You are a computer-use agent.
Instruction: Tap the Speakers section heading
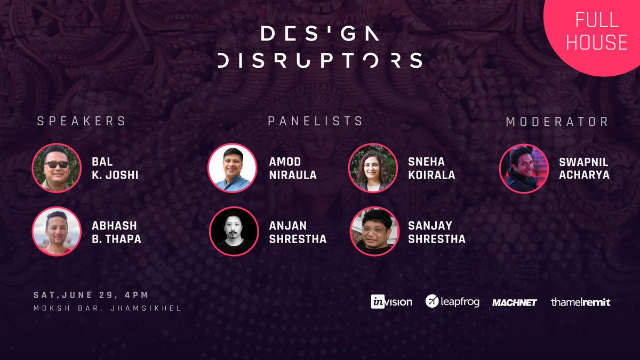coord(81,122)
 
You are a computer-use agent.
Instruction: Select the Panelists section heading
coord(315,122)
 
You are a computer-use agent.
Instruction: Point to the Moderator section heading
coord(557,122)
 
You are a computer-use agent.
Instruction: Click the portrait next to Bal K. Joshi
coord(57,168)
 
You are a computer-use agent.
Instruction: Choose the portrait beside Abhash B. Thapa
coord(57,231)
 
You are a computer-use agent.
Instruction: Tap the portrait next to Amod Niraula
coord(232,168)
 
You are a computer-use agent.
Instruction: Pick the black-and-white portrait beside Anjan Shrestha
coord(232,231)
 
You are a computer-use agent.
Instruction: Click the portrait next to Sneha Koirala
coord(373,168)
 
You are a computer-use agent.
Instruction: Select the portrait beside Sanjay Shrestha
coord(373,231)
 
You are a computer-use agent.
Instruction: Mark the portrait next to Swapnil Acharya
coord(524,169)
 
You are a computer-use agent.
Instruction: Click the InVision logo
coord(391,302)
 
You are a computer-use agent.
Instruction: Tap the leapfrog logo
coord(452,301)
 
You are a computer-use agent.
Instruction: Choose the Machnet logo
coord(514,302)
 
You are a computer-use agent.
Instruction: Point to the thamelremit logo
coord(580,302)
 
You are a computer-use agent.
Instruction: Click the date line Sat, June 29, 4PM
coord(91,295)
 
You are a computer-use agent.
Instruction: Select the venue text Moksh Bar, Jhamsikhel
coord(107,308)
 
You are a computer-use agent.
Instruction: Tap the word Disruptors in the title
coord(320,60)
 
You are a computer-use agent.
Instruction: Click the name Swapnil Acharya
coord(583,168)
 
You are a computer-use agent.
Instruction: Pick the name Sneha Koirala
coord(431,168)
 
